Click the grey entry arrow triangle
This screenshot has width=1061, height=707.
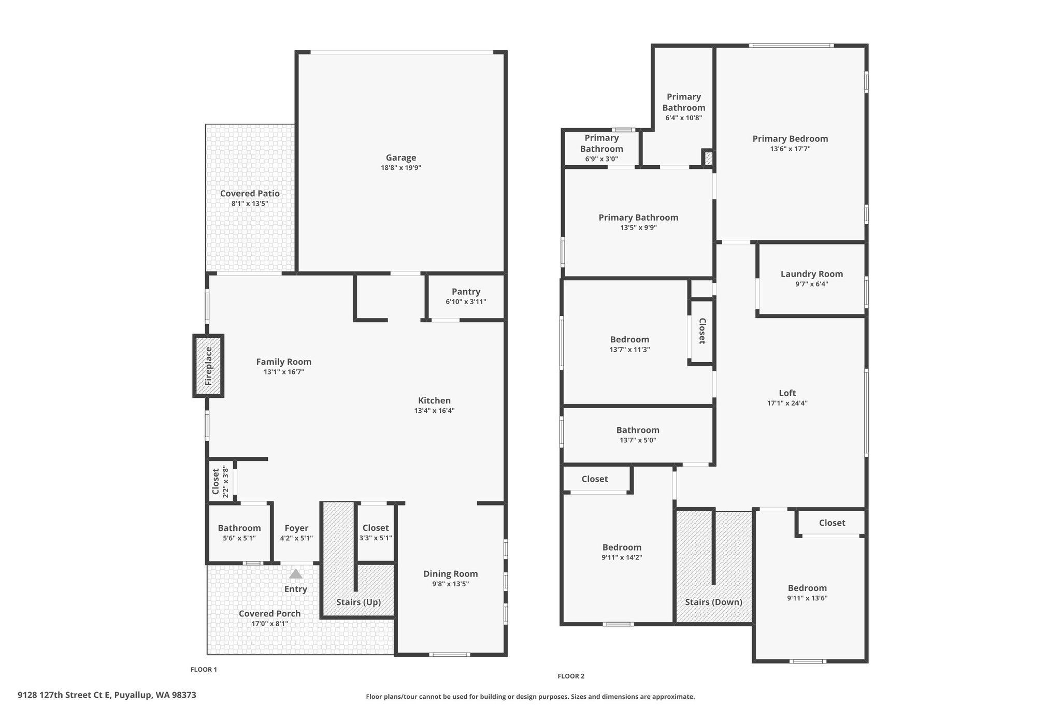[295, 574]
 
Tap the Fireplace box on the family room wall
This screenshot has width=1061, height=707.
[208, 366]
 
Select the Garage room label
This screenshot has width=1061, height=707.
[401, 157]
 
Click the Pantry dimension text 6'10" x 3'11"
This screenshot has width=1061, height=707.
[466, 301]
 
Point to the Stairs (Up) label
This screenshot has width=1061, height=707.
[359, 602]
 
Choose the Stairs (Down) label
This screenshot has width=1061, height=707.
[713, 602]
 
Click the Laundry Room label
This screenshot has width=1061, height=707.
[812, 274]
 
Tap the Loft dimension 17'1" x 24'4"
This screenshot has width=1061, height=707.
[787, 403]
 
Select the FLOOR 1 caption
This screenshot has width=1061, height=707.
[204, 669]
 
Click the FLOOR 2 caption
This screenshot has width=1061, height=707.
[571, 676]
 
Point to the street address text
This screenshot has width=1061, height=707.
[107, 695]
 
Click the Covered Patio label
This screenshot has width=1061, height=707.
[250, 193]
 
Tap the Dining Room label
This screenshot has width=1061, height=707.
[451, 573]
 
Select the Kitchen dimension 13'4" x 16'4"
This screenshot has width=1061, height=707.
[434, 411]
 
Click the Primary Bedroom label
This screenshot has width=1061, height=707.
[790, 138]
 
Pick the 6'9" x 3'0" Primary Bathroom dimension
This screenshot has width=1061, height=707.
[601, 159]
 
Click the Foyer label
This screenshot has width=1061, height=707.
[296, 528]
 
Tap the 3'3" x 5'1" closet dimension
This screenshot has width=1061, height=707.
[376, 538]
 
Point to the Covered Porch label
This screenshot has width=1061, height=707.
[269, 613]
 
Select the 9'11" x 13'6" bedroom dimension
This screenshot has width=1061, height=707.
[807, 598]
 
